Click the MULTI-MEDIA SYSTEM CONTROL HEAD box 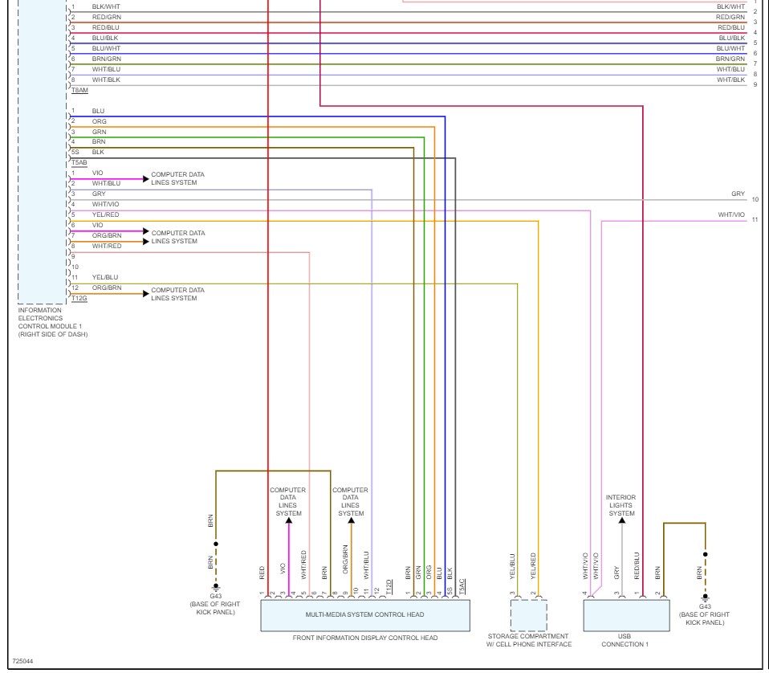[x=365, y=615]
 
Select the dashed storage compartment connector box [x=529, y=615]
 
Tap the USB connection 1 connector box [x=626, y=615]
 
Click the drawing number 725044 [x=23, y=662]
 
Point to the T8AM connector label [x=79, y=91]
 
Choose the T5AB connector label [x=79, y=162]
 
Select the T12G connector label [x=79, y=299]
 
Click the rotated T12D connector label [x=389, y=586]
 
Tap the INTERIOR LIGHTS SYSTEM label [x=620, y=505]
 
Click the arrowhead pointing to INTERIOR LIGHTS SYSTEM [x=621, y=521]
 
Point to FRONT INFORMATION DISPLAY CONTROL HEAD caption [x=365, y=638]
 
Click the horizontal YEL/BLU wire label [x=104, y=277]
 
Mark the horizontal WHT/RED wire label [x=106, y=246]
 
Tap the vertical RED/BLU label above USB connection [x=637, y=565]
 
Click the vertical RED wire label [x=262, y=573]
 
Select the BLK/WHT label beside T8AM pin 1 [x=106, y=6]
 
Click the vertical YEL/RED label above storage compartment [x=533, y=565]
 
